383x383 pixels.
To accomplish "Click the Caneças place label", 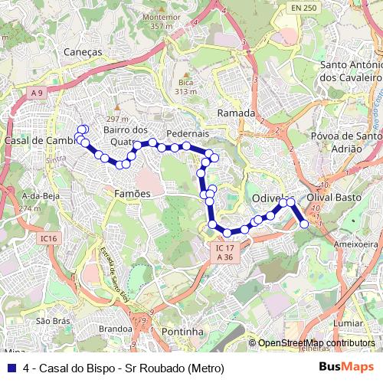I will tap(84, 51).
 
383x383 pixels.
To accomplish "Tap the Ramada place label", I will tap(236, 113).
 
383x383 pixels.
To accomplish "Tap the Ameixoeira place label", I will tap(356, 244).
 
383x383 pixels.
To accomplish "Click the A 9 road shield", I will tap(37, 92).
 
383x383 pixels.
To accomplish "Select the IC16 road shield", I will tap(49, 239).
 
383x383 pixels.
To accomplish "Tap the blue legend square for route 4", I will tap(10, 367).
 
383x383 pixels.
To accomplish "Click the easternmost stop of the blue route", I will tap(305, 224).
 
